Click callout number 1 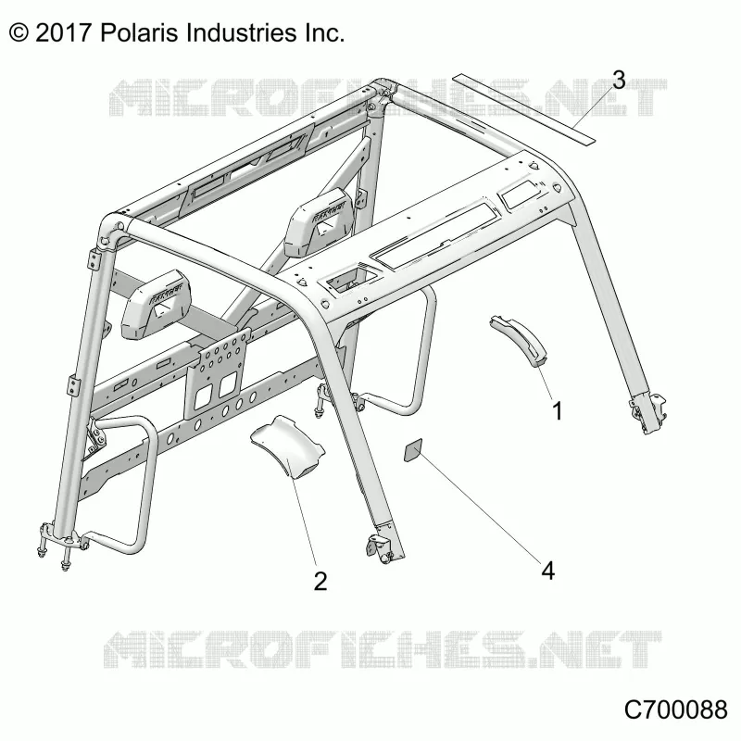[558, 410]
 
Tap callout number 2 [320, 581]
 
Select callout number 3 [619, 80]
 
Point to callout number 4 [547, 571]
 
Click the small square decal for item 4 [412, 450]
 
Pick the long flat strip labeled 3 [523, 108]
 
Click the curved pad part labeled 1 [519, 340]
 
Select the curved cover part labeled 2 [287, 446]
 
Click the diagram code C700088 [675, 710]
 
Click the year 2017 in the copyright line [63, 33]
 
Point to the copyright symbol [19, 33]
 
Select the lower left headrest [155, 304]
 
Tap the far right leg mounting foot [649, 414]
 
